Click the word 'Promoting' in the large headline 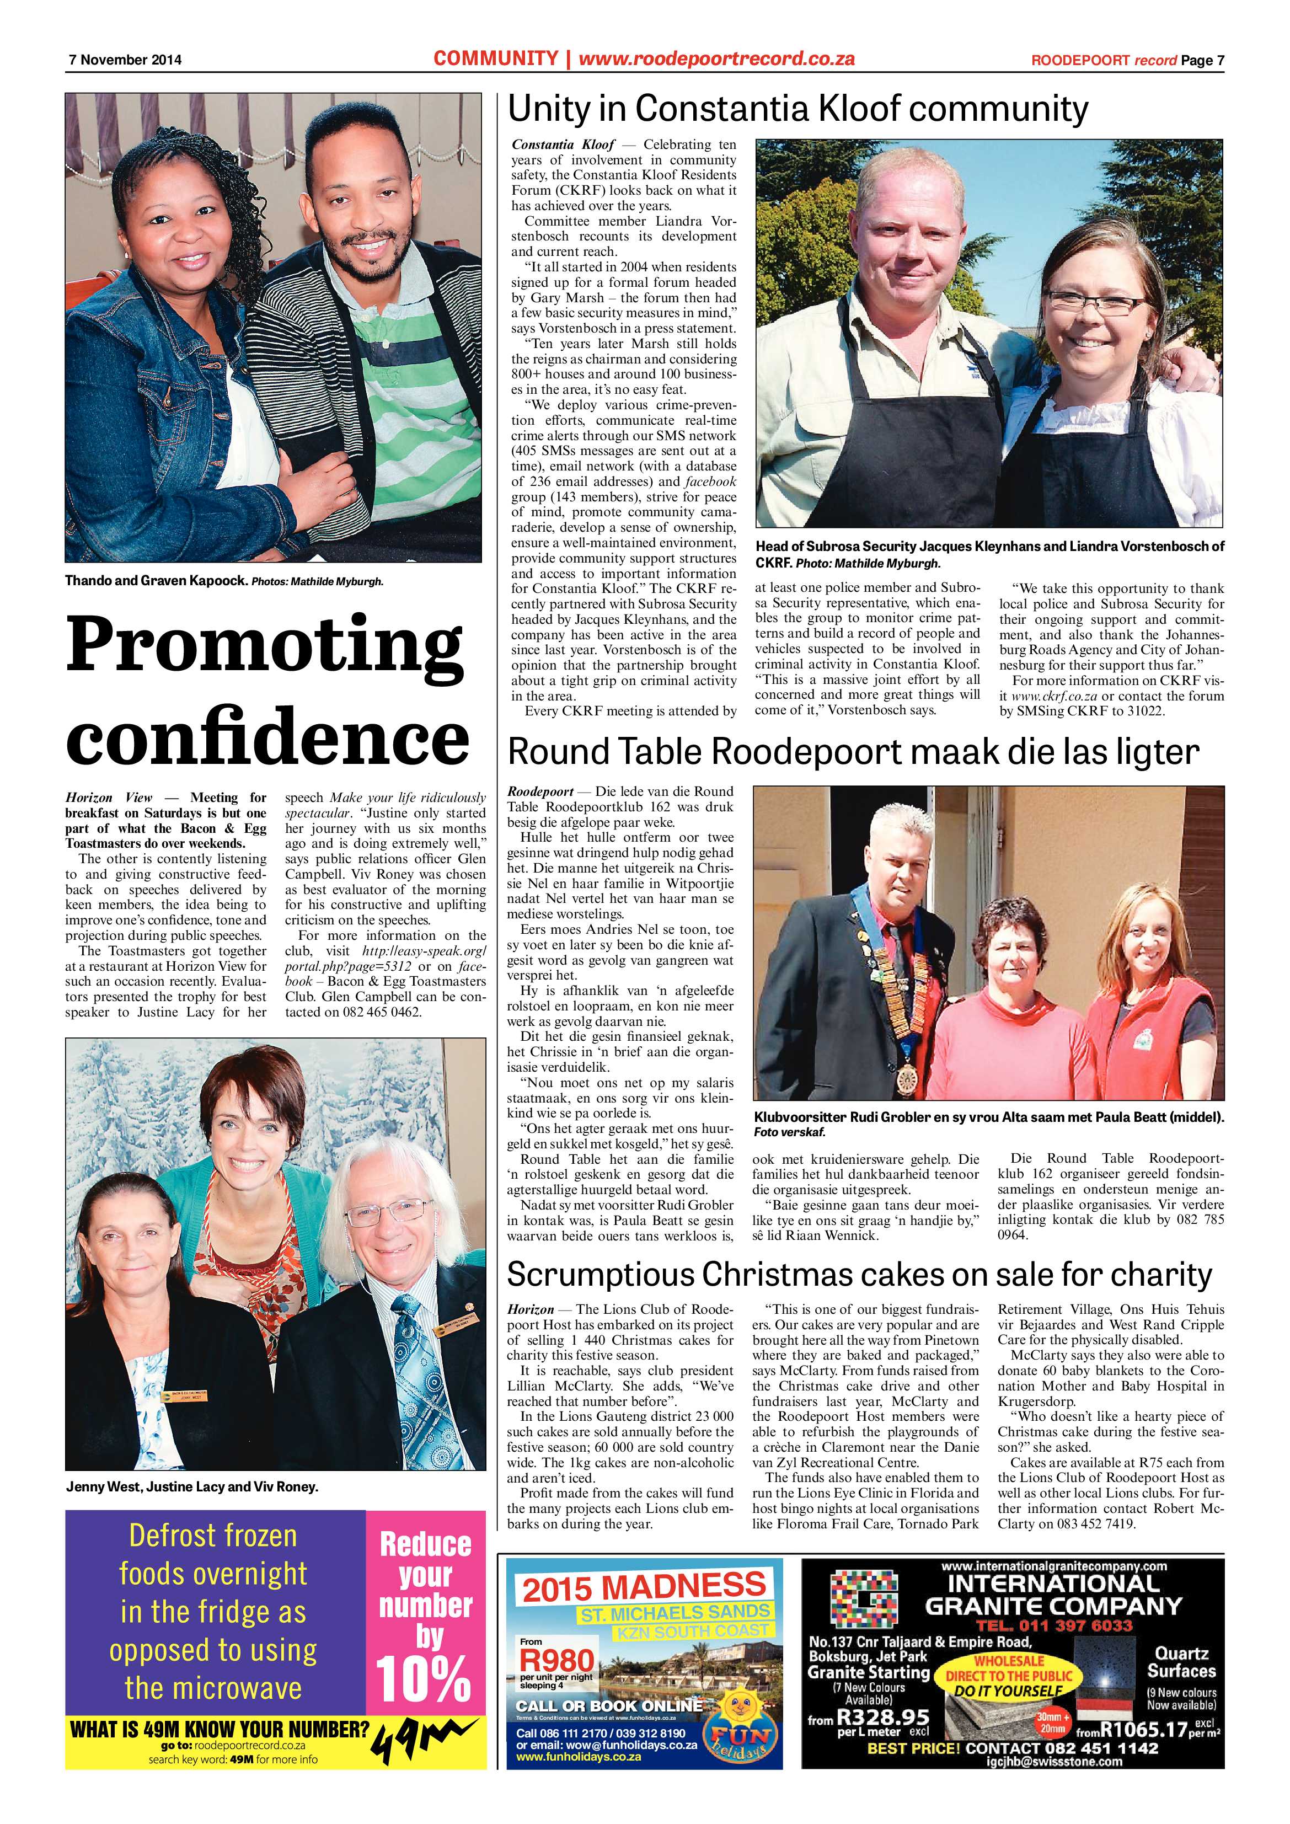click(265, 644)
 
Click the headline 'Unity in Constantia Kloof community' click(797, 110)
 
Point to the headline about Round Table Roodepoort click(852, 752)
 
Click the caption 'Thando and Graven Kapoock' click(157, 581)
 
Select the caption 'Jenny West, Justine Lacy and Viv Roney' click(191, 1487)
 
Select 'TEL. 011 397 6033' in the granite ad click(1053, 1625)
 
